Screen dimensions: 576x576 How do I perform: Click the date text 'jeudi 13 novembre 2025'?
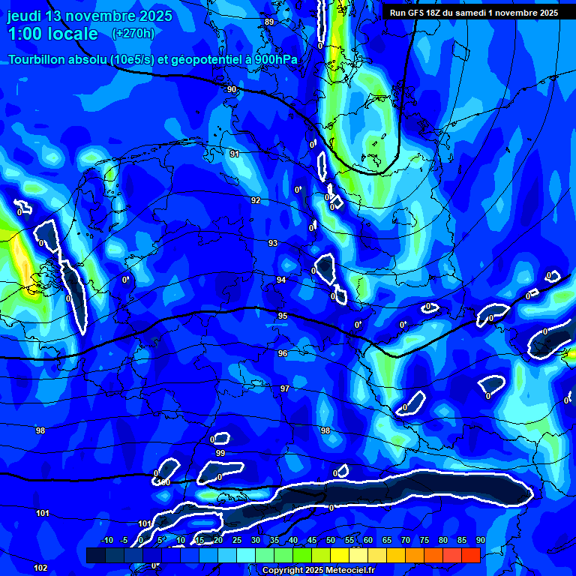90,16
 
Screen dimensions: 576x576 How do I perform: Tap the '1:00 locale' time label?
53,34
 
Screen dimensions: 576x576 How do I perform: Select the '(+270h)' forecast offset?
133,33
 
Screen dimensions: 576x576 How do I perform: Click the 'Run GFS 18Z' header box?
473,13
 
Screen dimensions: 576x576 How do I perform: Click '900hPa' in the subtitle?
275,60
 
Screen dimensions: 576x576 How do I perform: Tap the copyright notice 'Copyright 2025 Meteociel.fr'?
318,571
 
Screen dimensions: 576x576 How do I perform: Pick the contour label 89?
269,22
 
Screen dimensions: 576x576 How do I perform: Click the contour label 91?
235,154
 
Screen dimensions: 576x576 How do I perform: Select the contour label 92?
256,200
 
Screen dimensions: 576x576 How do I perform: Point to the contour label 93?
273,243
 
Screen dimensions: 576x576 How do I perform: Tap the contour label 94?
281,280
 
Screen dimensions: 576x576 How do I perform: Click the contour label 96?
283,353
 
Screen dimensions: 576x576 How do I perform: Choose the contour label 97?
285,388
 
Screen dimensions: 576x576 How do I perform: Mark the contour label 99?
220,454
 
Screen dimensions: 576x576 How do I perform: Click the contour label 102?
40,568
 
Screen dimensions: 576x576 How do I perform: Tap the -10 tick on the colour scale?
107,541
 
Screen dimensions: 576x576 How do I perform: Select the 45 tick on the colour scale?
312,541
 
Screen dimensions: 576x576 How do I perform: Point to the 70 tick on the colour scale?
406,541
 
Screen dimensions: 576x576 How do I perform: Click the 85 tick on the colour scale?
462,541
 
